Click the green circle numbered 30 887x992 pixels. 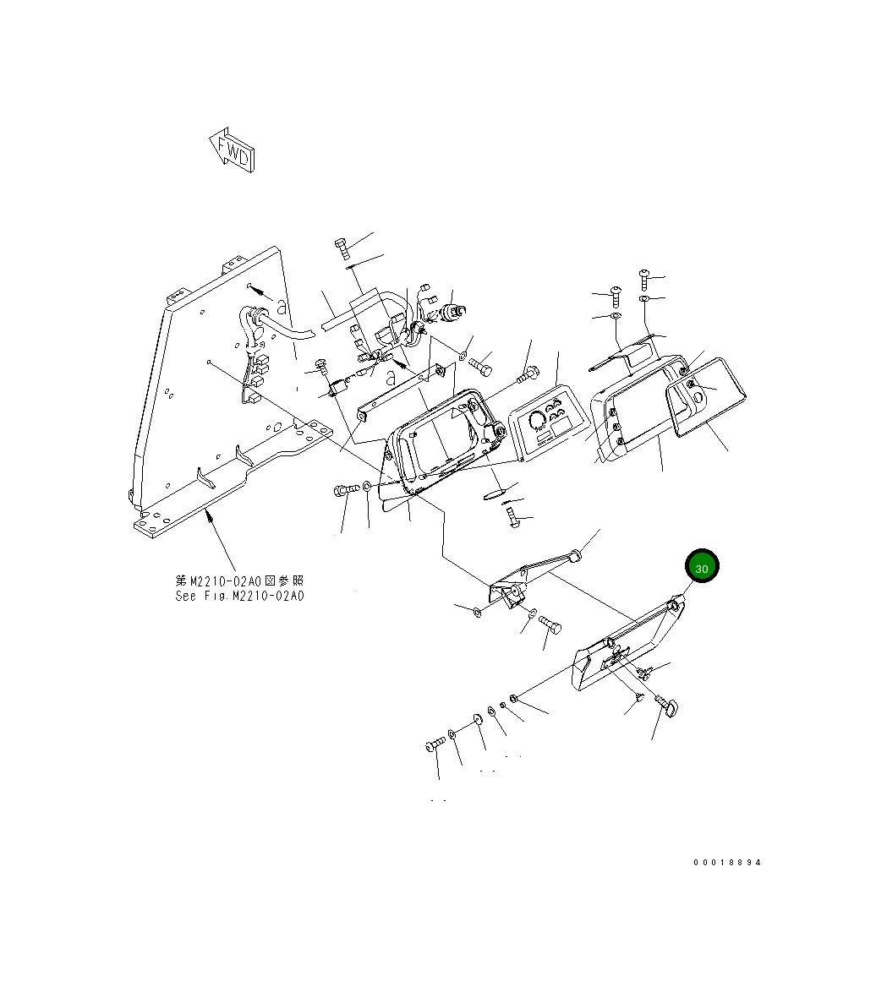click(x=701, y=568)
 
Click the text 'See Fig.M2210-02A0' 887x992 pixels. click(x=240, y=596)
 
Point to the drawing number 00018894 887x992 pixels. click(x=727, y=863)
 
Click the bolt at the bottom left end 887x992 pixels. click(x=435, y=745)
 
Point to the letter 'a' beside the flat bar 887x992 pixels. click(x=390, y=378)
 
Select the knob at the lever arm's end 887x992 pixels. click(x=574, y=554)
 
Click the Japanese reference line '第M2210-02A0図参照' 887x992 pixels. click(x=239, y=580)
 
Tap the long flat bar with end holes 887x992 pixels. click(x=401, y=390)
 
